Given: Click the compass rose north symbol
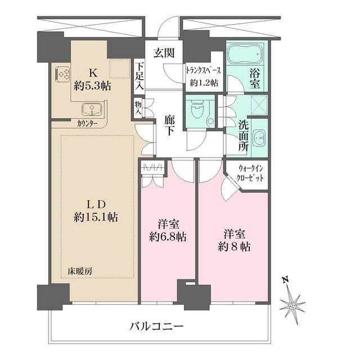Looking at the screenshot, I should (292, 304).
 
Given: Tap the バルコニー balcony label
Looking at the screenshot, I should (156, 326).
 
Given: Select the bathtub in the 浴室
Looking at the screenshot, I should (245, 55).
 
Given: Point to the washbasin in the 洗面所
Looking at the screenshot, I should (259, 138).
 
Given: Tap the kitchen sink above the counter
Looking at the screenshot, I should (91, 109).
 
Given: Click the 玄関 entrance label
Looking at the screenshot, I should (164, 53).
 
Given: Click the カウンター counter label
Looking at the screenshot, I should (87, 123).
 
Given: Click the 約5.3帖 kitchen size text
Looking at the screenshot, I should (93, 85).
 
